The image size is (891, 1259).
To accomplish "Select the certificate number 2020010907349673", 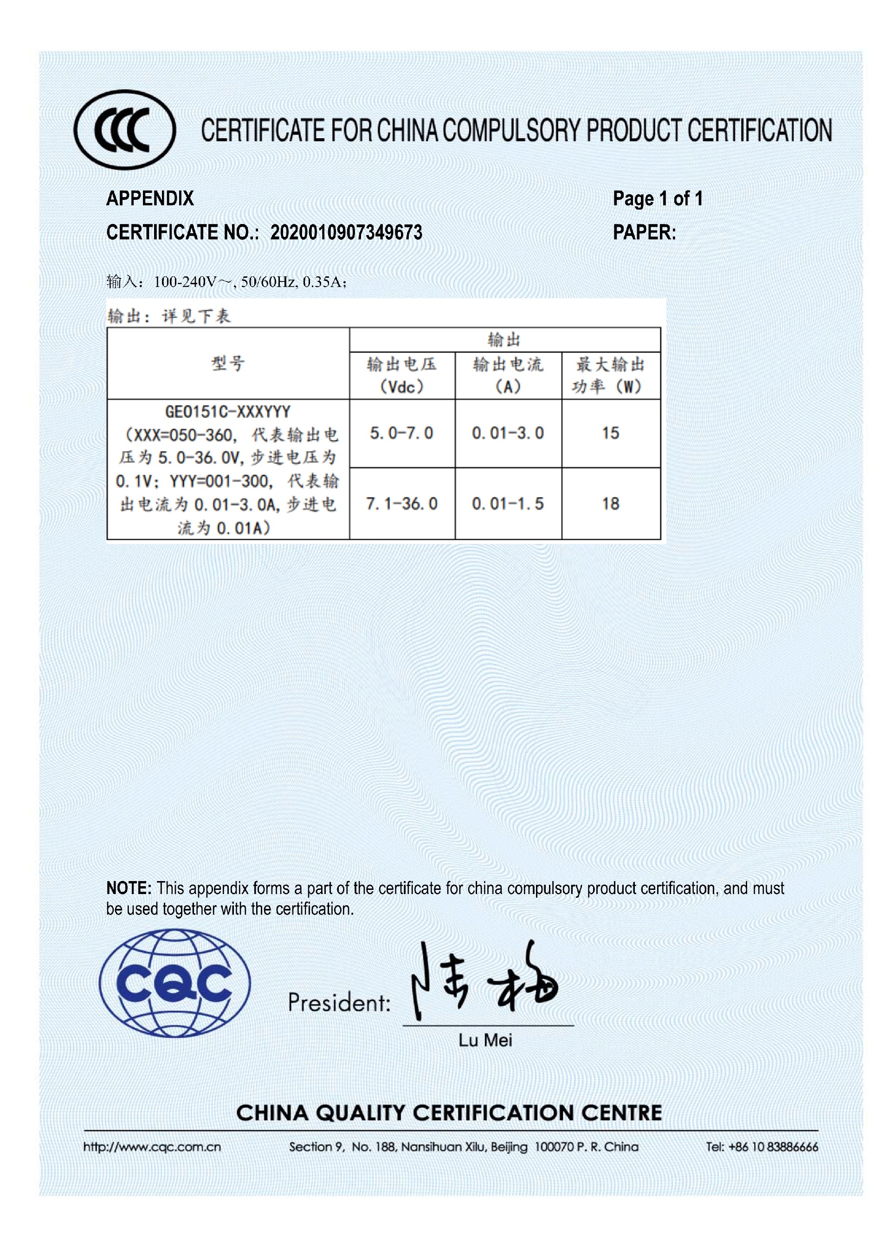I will (x=346, y=232).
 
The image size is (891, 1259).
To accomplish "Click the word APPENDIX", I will (x=150, y=198).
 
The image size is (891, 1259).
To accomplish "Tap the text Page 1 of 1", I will (x=657, y=198).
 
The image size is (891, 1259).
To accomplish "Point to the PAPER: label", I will (x=644, y=232).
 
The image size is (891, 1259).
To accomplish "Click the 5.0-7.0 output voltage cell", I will (x=401, y=433).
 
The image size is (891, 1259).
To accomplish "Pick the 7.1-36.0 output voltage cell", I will (x=401, y=504).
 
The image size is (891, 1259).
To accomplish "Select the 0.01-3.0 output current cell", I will (x=508, y=433).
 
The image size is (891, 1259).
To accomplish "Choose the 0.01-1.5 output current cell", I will (x=508, y=504).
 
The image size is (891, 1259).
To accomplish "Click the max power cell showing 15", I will (x=610, y=433).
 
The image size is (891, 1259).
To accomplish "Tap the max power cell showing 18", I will (x=610, y=504).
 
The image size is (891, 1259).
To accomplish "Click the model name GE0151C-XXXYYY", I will (x=228, y=411).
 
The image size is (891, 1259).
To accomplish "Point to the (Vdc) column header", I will (x=401, y=387).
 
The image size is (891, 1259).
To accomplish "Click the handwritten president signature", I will (x=483, y=982).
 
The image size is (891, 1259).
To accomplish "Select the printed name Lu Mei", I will (x=485, y=1040).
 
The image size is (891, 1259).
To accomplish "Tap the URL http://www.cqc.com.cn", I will (x=152, y=1147).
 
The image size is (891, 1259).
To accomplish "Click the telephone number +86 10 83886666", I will (x=773, y=1147).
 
